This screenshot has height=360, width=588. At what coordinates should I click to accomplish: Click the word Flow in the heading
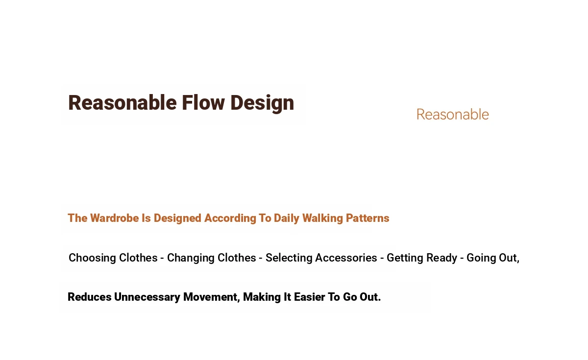pos(203,102)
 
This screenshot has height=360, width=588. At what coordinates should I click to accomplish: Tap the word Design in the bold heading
pos(262,104)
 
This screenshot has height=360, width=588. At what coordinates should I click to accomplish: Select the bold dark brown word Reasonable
pos(122,102)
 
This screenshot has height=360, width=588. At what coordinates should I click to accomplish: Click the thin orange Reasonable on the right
pos(453,115)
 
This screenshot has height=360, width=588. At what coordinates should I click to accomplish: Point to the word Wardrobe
pos(115,218)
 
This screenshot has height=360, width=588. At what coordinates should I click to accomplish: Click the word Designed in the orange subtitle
pos(177,218)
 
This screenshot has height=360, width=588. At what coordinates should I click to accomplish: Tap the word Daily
pos(286,218)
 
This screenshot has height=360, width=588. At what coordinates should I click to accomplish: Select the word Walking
pos(322,218)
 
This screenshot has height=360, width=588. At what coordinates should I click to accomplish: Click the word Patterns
pos(367,218)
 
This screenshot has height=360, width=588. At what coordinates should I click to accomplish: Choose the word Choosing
pos(93,258)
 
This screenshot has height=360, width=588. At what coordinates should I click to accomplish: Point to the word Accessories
pos(346,258)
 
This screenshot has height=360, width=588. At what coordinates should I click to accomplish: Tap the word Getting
pos(405,258)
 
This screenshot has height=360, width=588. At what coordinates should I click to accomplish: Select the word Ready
pos(442,258)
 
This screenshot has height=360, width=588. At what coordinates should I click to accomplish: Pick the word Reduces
pos(90,297)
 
